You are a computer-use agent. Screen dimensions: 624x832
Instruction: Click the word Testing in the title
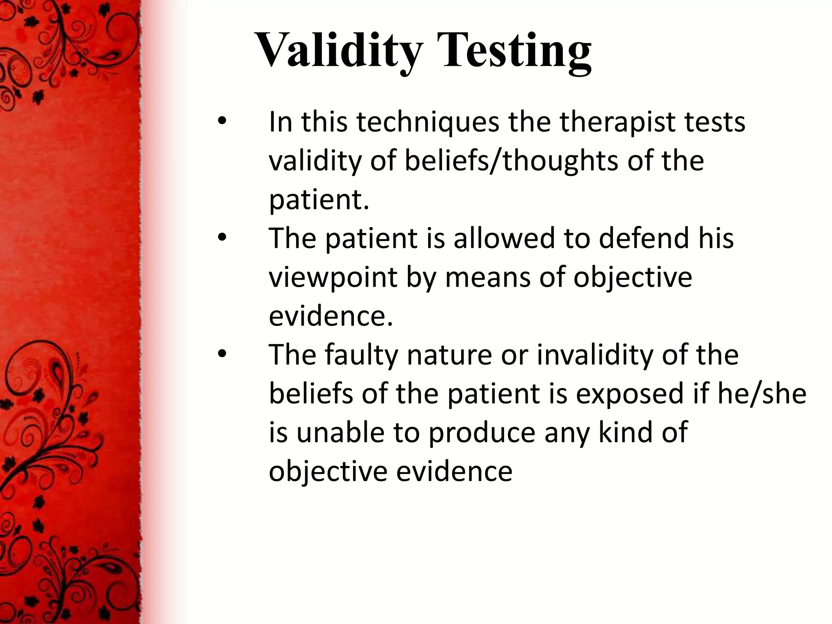[x=516, y=51]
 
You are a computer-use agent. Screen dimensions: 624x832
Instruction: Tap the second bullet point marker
[x=221, y=238]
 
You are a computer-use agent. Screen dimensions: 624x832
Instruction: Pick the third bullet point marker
[x=221, y=355]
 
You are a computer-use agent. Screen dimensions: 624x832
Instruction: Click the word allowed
[x=504, y=238]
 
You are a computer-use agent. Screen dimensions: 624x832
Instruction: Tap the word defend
[x=643, y=238]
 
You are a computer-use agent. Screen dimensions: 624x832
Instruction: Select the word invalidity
[x=594, y=355]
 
